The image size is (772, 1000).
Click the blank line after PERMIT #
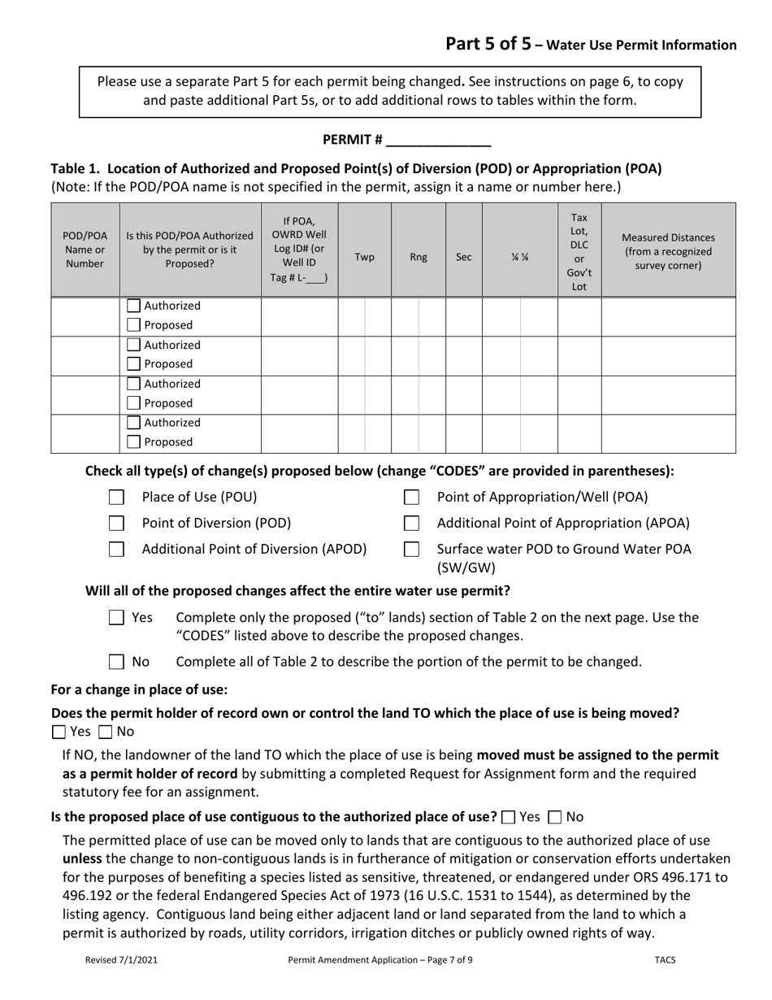coord(438,141)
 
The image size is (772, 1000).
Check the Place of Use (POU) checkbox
coord(117,497)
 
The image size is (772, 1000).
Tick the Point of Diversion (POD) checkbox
coord(117,523)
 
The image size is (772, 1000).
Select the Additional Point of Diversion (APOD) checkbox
coord(117,549)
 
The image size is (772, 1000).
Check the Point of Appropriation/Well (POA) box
coord(412,497)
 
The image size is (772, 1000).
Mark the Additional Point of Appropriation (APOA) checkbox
coord(412,523)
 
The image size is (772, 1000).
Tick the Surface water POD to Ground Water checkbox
coord(412,549)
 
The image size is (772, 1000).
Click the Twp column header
coord(365,257)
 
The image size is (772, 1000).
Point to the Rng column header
coord(418,257)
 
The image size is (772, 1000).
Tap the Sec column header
coord(463,257)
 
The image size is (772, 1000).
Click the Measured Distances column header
coord(668,250)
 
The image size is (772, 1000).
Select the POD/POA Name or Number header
coord(85,250)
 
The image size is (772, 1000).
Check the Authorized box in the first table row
coord(134,307)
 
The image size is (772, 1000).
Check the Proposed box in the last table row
coord(134,442)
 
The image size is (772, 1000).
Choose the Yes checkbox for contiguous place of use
coord(509,816)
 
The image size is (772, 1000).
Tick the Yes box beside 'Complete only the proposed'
coord(117,618)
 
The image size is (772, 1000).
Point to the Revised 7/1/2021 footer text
coord(121,959)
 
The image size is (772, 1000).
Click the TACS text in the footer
coord(665,959)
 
